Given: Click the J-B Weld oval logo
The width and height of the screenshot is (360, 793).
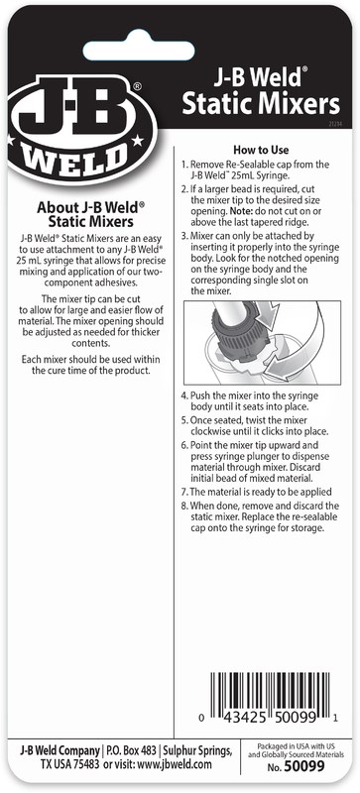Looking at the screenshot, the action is coord(82,130).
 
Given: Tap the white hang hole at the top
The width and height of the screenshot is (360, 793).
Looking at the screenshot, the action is coord(139,51).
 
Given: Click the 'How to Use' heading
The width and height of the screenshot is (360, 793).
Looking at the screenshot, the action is coord(261,150).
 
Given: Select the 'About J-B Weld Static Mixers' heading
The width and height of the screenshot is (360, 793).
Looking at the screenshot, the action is coord(91,214).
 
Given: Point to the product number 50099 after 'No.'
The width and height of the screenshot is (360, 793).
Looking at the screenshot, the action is coord(304,766).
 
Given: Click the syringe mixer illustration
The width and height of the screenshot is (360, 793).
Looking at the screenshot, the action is coord(262,342).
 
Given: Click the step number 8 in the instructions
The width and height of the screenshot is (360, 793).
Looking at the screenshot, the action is coord(183,506).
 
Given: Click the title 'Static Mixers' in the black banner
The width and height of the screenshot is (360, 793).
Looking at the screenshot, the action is coord(261,104).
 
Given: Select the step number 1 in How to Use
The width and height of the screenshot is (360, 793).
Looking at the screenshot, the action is coord(183,165).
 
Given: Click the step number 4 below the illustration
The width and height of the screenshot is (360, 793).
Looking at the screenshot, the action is coord(183,396).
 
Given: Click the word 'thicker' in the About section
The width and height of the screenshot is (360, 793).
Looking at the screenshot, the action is coord(149,332).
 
